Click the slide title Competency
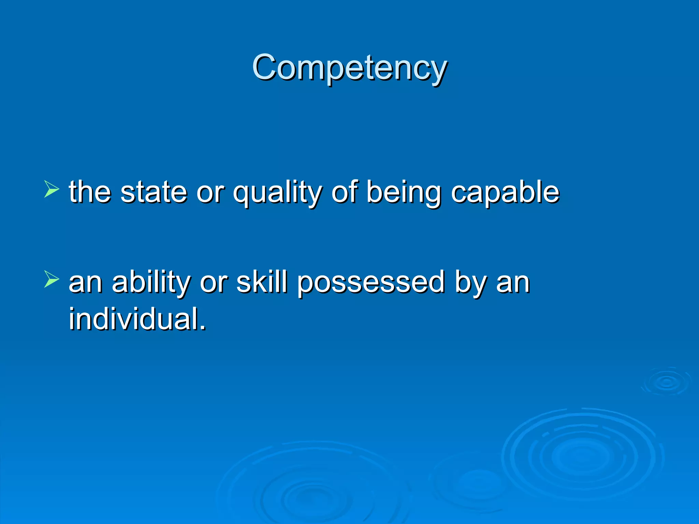[x=349, y=68]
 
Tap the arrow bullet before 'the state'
[x=52, y=189]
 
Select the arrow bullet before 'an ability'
[x=52, y=279]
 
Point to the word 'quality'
[x=277, y=193]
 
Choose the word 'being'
[x=404, y=193]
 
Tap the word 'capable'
[x=505, y=193]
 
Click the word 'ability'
[x=151, y=282]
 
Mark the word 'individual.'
[x=138, y=319]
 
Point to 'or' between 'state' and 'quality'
[x=210, y=193]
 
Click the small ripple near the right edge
[x=666, y=382]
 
